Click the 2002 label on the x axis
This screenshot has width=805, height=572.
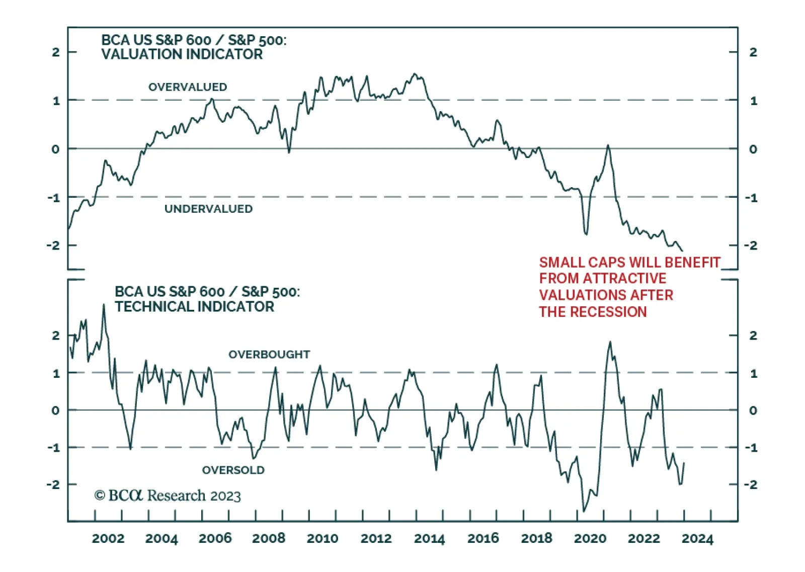tap(108, 538)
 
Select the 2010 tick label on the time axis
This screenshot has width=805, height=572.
tap(322, 538)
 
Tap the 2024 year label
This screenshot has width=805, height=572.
tap(697, 538)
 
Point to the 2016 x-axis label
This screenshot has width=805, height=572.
tap(483, 538)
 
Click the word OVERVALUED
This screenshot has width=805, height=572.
tap(188, 87)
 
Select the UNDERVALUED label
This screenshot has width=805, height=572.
tap(208, 209)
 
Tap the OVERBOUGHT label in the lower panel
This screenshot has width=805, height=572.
tap(269, 354)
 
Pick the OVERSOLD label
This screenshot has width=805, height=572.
tap(233, 470)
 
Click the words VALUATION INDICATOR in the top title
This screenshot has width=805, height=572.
tap(182, 54)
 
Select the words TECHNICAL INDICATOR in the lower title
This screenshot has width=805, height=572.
tap(194, 307)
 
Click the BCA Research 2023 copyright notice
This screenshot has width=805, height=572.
tap(168, 496)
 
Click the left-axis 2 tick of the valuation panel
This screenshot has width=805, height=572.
tap(56, 52)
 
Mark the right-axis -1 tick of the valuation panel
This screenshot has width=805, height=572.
tap(751, 198)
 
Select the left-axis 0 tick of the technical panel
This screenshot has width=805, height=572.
tap(56, 410)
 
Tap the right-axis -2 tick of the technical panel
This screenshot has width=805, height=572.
tap(751, 484)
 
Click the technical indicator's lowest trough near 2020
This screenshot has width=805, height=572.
tap(584, 511)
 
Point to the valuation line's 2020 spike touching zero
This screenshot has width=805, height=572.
tap(608, 145)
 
